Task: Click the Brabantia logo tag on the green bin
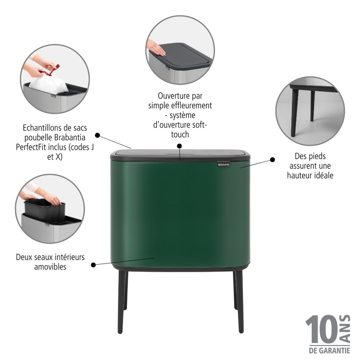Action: pos(224,165)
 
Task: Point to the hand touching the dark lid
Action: pos(156,48)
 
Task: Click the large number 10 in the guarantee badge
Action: pos(321,329)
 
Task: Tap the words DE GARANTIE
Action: pos(330,351)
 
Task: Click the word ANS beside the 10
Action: pos(345,329)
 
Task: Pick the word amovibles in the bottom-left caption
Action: pos(50,267)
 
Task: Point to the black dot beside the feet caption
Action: pos(273,159)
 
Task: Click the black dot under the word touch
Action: pos(180,146)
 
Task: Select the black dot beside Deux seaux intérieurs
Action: pos(93,265)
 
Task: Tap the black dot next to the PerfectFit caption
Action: pos(97,135)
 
